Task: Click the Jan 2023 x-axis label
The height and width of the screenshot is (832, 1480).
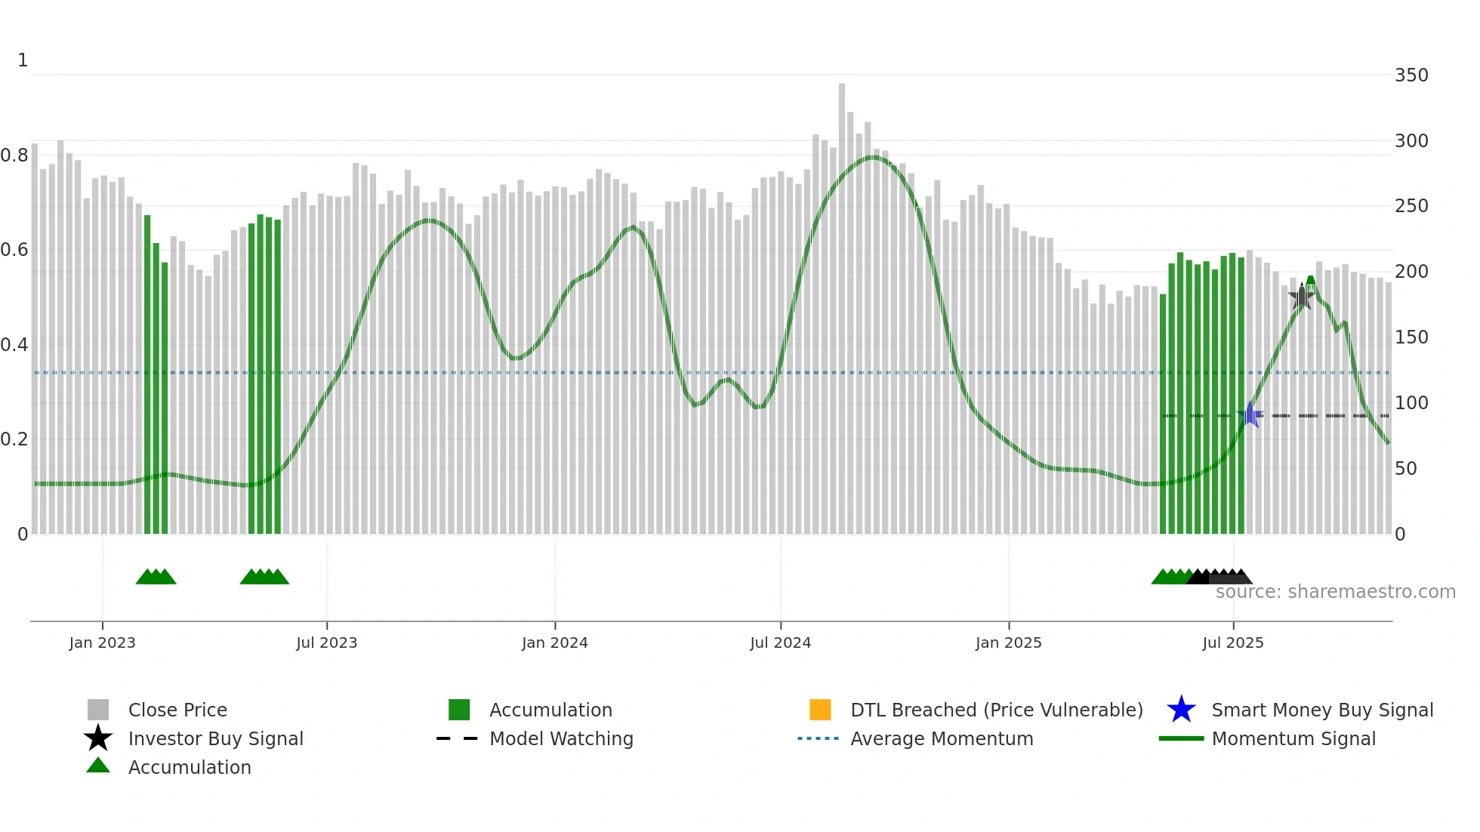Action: tap(102, 642)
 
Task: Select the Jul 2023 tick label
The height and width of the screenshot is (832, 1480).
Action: tap(326, 642)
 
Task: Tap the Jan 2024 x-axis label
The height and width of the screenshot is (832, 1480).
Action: tap(554, 642)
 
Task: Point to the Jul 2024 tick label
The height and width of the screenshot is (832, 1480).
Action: tap(780, 642)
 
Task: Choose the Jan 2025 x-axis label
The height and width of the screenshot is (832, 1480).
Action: tap(1008, 642)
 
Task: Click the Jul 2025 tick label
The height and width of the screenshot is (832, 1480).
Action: tap(1232, 642)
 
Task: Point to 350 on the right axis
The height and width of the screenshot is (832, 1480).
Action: tap(1411, 75)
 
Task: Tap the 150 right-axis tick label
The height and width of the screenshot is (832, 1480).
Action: tap(1411, 337)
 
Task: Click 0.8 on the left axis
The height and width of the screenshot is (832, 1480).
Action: tap(14, 156)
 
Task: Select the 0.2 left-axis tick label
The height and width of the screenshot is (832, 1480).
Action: tap(14, 439)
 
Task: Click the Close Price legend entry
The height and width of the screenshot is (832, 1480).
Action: tap(177, 710)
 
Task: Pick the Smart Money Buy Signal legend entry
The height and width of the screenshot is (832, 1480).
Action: tap(1321, 710)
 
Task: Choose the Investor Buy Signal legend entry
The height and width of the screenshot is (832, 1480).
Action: tap(215, 738)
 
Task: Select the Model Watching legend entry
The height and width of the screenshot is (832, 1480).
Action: tap(561, 738)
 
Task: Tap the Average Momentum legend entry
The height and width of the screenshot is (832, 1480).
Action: tap(942, 738)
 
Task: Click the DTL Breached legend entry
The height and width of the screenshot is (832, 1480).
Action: tap(996, 710)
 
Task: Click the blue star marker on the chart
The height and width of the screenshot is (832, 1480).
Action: tap(1250, 414)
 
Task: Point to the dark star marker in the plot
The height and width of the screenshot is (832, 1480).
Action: tap(1301, 297)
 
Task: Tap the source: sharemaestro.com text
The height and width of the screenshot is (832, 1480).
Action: tap(1335, 592)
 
